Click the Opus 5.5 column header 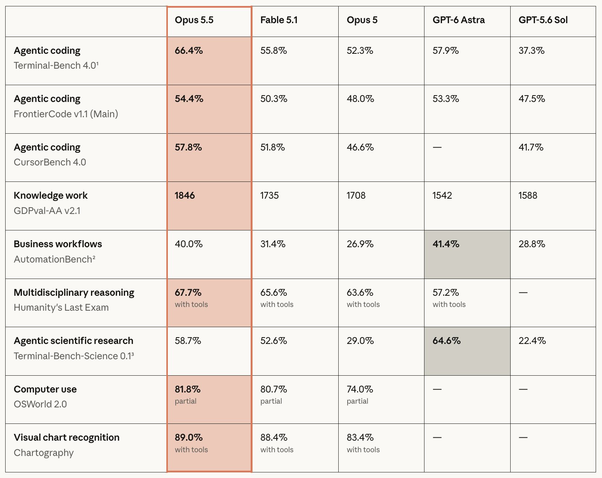click(x=194, y=20)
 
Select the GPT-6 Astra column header click(x=458, y=20)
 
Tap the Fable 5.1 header click(x=279, y=20)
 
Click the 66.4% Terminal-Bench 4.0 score click(x=189, y=50)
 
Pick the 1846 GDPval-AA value click(x=185, y=195)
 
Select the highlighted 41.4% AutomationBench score click(x=446, y=244)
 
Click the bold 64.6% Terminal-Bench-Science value click(x=446, y=341)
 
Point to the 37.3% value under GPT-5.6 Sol click(x=532, y=50)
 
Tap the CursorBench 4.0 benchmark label click(x=50, y=162)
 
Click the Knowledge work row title click(x=51, y=195)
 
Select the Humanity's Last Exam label click(x=61, y=307)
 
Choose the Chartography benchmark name click(x=44, y=453)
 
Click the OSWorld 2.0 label click(x=40, y=404)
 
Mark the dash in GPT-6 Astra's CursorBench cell click(x=437, y=147)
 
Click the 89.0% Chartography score click(x=189, y=437)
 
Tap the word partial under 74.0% click(x=357, y=401)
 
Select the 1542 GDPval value click(x=442, y=195)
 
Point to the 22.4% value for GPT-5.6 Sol click(x=532, y=341)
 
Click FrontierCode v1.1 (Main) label click(x=66, y=114)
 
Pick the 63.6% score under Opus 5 click(x=360, y=292)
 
